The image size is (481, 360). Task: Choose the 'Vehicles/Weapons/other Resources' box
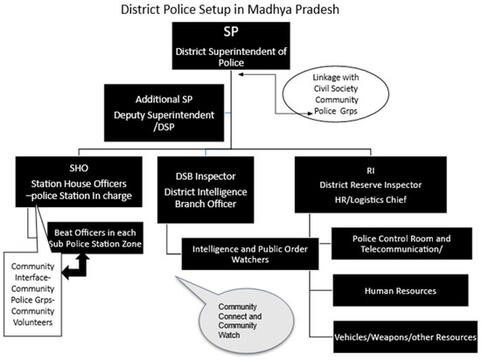[x=404, y=336]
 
